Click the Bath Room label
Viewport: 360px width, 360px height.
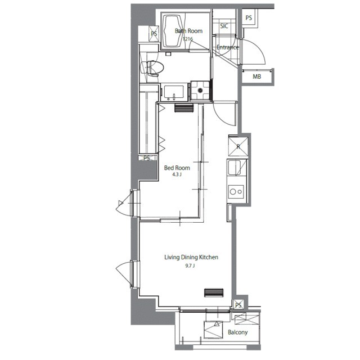click(x=188, y=31)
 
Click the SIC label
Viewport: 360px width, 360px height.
click(x=224, y=26)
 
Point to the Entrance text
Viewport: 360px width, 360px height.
click(x=228, y=47)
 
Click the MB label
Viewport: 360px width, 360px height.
click(x=256, y=76)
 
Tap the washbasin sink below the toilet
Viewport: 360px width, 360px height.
click(x=174, y=92)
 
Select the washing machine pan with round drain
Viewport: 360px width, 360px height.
click(x=200, y=91)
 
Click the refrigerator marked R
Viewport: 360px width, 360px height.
click(x=238, y=146)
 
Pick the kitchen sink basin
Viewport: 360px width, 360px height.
click(x=235, y=168)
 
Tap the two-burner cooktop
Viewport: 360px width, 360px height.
click(x=236, y=192)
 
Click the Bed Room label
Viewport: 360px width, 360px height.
click(x=177, y=168)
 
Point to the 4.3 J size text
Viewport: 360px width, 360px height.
click(x=177, y=174)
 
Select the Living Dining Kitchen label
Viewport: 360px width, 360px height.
click(x=191, y=258)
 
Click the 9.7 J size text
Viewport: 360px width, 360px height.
click(x=190, y=266)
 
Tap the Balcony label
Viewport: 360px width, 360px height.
click(x=238, y=332)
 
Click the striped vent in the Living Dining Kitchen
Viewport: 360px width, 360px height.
click(x=214, y=292)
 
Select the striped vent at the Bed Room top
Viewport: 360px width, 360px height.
click(x=184, y=108)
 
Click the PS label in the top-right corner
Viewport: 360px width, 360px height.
click(x=249, y=17)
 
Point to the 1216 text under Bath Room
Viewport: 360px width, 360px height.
click(x=188, y=39)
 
